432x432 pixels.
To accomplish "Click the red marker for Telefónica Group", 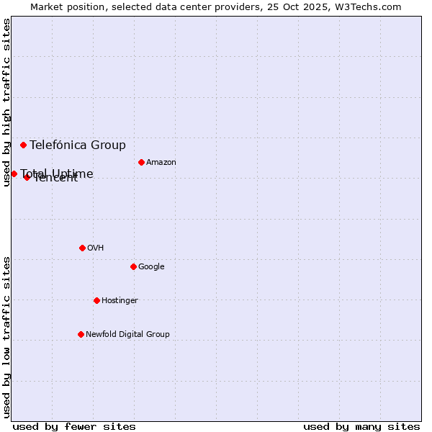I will pyautogui.click(x=23, y=145).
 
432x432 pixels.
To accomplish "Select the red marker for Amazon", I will pyautogui.click(x=141, y=162).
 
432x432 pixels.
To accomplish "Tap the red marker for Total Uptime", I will pyautogui.click(x=14, y=174).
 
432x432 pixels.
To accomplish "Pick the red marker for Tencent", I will pyautogui.click(x=27, y=177).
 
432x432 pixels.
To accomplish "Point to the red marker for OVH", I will pyautogui.click(x=82, y=248).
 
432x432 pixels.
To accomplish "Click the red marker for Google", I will pyautogui.click(x=133, y=266).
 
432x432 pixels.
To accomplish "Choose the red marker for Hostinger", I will pyautogui.click(x=96, y=300).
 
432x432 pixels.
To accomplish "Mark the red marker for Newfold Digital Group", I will pyautogui.click(x=81, y=334).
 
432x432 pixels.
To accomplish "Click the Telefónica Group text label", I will pyautogui.click(x=78, y=145).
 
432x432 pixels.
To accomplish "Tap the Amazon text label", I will pyautogui.click(x=161, y=162).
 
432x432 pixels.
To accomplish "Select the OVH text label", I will pyautogui.click(x=96, y=248).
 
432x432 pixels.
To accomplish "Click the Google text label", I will pyautogui.click(x=151, y=266).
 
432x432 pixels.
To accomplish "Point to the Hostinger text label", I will pyautogui.click(x=120, y=300).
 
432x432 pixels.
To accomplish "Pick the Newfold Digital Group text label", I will pyautogui.click(x=127, y=334).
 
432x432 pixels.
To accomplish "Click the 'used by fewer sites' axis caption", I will pyautogui.click(x=74, y=426).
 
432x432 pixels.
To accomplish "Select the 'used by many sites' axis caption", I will pyautogui.click(x=361, y=426).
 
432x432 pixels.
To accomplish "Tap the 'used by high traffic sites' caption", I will pyautogui.click(x=6, y=102).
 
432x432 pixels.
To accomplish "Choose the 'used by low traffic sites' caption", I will pyautogui.click(x=6, y=337).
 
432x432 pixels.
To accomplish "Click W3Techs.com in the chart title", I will pyautogui.click(x=375, y=6).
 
